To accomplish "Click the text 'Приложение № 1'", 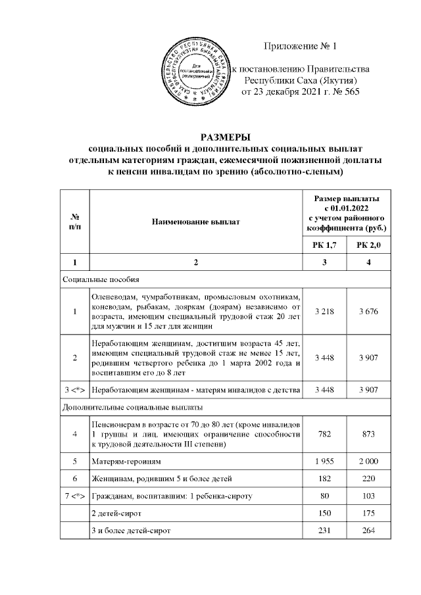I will (x=299, y=46).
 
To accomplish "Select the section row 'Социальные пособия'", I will (x=101, y=279).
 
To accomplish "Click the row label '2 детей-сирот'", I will (x=116, y=513).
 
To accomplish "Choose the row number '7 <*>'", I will (x=74, y=496).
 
